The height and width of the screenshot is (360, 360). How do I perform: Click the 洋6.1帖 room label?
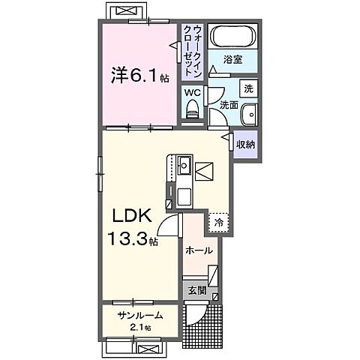click(137, 76)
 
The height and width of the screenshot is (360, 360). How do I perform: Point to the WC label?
click(193, 92)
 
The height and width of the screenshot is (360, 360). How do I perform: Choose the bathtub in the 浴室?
click(231, 37)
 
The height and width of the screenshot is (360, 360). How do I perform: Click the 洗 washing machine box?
click(250, 88)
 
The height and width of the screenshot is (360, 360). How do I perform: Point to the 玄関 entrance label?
click(196, 290)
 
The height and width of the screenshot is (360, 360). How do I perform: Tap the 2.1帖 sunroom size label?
click(140, 328)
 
